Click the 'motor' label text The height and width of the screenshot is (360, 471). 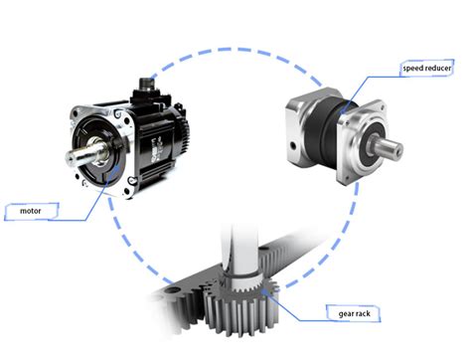31,211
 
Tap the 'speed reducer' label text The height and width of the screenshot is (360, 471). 427,69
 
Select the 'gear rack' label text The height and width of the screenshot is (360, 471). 354,313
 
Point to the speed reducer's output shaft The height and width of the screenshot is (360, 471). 388,148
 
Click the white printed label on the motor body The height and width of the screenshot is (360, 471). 156,149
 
